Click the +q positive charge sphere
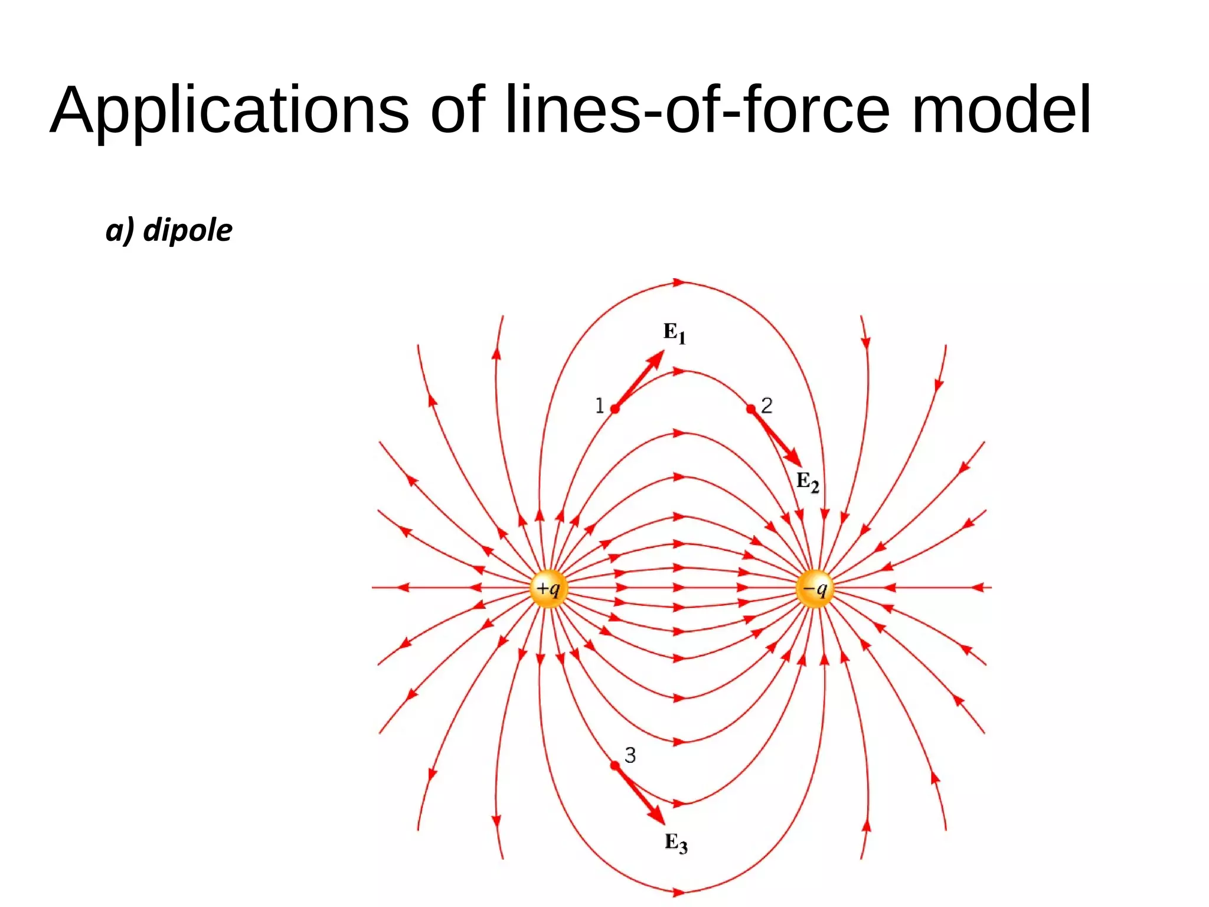tap(549, 588)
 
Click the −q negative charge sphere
tap(815, 588)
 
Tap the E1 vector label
tap(674, 333)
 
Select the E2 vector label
tap(808, 482)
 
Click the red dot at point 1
tap(615, 409)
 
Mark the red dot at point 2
tap(751, 409)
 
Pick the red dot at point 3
tap(615, 765)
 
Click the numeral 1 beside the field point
tap(599, 406)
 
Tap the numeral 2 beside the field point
tap(767, 405)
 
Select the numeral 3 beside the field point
tap(630, 755)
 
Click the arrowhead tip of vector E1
tap(663, 352)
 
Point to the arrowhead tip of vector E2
tap(800, 465)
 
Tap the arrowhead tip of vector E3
tap(664, 824)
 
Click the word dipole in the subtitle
tap(188, 230)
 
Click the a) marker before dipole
tap(120, 230)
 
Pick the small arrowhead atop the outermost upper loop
tap(679, 282)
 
